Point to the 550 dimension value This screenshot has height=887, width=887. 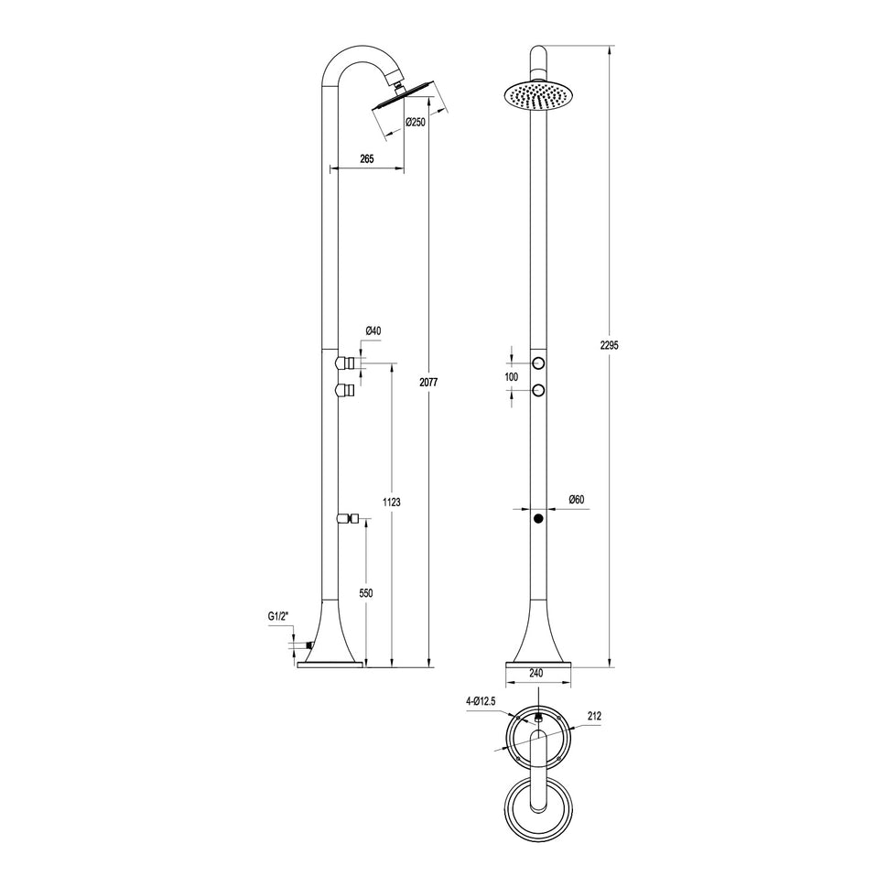coord(366,593)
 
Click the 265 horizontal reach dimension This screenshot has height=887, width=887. coord(366,159)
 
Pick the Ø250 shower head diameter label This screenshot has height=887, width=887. coord(416,123)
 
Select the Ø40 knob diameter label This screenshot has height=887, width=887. coord(373,330)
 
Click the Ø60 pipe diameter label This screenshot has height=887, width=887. coord(576,499)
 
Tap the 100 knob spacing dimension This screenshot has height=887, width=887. coord(512,377)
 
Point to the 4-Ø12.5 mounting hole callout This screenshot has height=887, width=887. coord(481,701)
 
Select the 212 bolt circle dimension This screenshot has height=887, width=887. coord(594,717)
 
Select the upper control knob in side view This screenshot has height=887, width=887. coord(345,363)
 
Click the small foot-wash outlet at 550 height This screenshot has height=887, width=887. coord(347,519)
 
